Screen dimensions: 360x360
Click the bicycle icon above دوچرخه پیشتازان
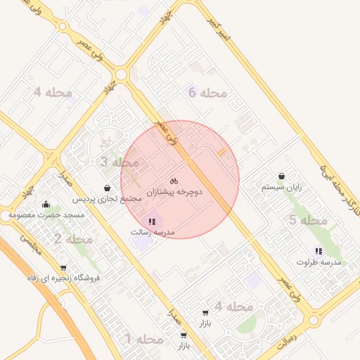pos(174,181)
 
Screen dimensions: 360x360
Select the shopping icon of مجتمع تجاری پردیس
pos(107,188)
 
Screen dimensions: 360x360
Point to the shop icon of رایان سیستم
pos(282,176)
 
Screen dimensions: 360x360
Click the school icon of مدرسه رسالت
pos(152,221)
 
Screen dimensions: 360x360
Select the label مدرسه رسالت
pos(152,232)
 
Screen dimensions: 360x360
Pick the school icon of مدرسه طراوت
pos(319,251)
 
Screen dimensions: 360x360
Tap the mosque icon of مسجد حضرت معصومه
pos(46,205)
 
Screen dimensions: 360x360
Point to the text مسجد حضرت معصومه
pos(46,215)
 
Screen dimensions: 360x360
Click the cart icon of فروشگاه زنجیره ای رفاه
pos(63,267)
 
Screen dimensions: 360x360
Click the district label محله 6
pos(207,92)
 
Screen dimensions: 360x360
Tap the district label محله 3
pos(119,162)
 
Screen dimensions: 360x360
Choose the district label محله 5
pos(308,221)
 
